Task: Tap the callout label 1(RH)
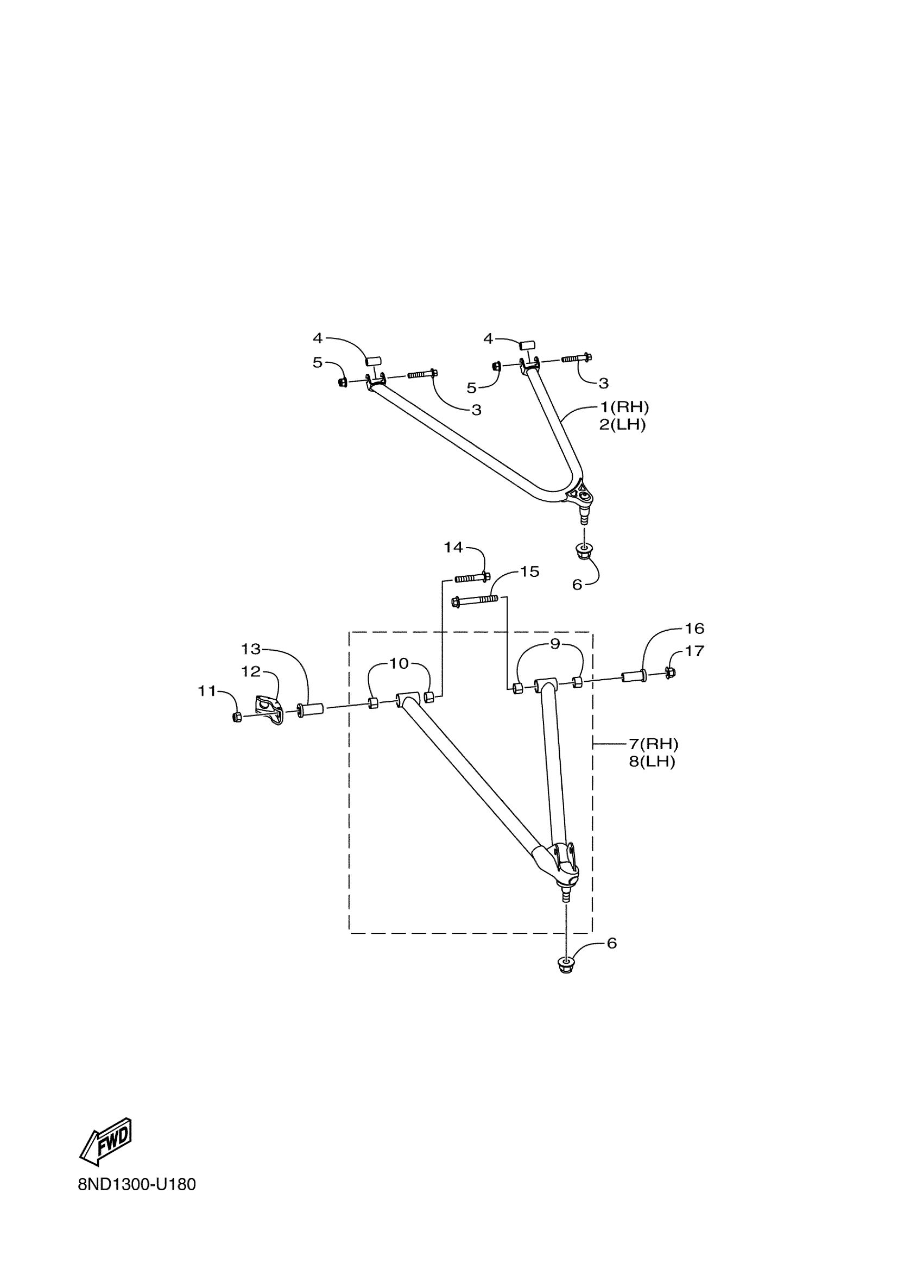tap(624, 406)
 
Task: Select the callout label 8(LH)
tap(652, 762)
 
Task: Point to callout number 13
tap(251, 649)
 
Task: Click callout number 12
tap(251, 671)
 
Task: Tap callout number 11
tap(207, 691)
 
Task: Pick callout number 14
tap(453, 547)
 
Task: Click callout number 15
tap(529, 571)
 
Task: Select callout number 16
tap(694, 628)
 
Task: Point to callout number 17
tap(694, 651)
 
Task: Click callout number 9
tap(555, 644)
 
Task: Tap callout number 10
tap(399, 663)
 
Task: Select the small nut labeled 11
tap(237, 717)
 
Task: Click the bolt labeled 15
tap(475, 600)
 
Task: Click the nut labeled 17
tap(669, 672)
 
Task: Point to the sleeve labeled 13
tap(310, 709)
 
